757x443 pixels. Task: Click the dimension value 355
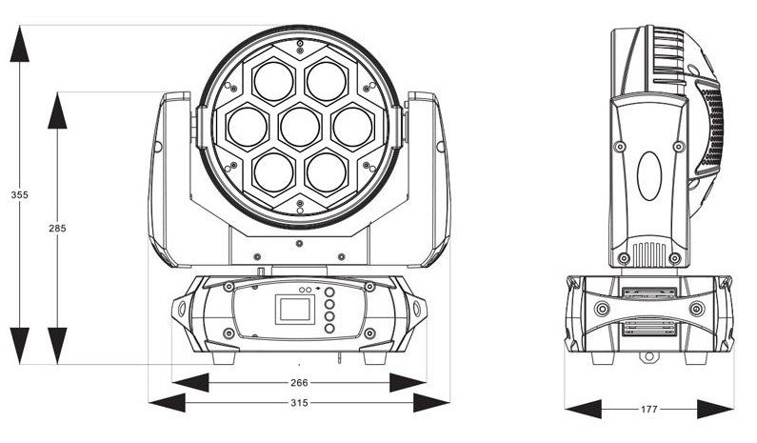pos(19,194)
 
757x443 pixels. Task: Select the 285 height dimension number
pos(58,229)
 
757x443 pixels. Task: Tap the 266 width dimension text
pos(299,382)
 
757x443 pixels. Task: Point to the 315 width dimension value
pos(299,403)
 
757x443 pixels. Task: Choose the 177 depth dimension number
pos(648,409)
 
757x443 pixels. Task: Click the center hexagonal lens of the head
pos(299,125)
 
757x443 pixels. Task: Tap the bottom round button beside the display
pos(329,329)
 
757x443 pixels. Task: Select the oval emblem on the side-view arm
pos(649,174)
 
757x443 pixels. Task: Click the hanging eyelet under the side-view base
pos(649,358)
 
